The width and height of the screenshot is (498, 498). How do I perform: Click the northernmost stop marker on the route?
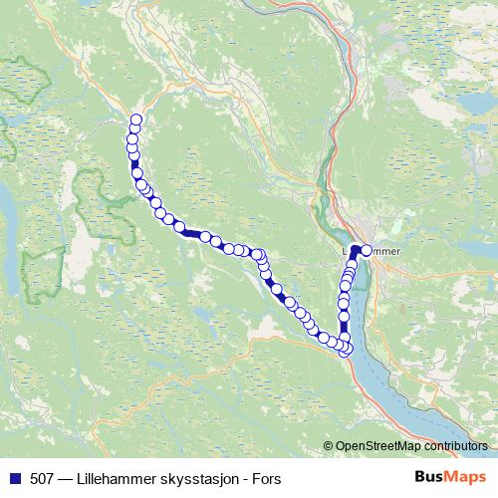[x=136, y=121]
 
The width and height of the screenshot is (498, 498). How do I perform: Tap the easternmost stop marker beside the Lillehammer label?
[x=366, y=251]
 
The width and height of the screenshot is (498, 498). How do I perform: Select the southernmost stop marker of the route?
[x=346, y=351]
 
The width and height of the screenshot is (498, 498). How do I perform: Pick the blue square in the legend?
[x=13, y=477]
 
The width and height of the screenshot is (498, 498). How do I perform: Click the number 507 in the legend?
[x=41, y=477]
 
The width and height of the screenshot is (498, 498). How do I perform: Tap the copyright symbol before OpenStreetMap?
[x=329, y=446]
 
